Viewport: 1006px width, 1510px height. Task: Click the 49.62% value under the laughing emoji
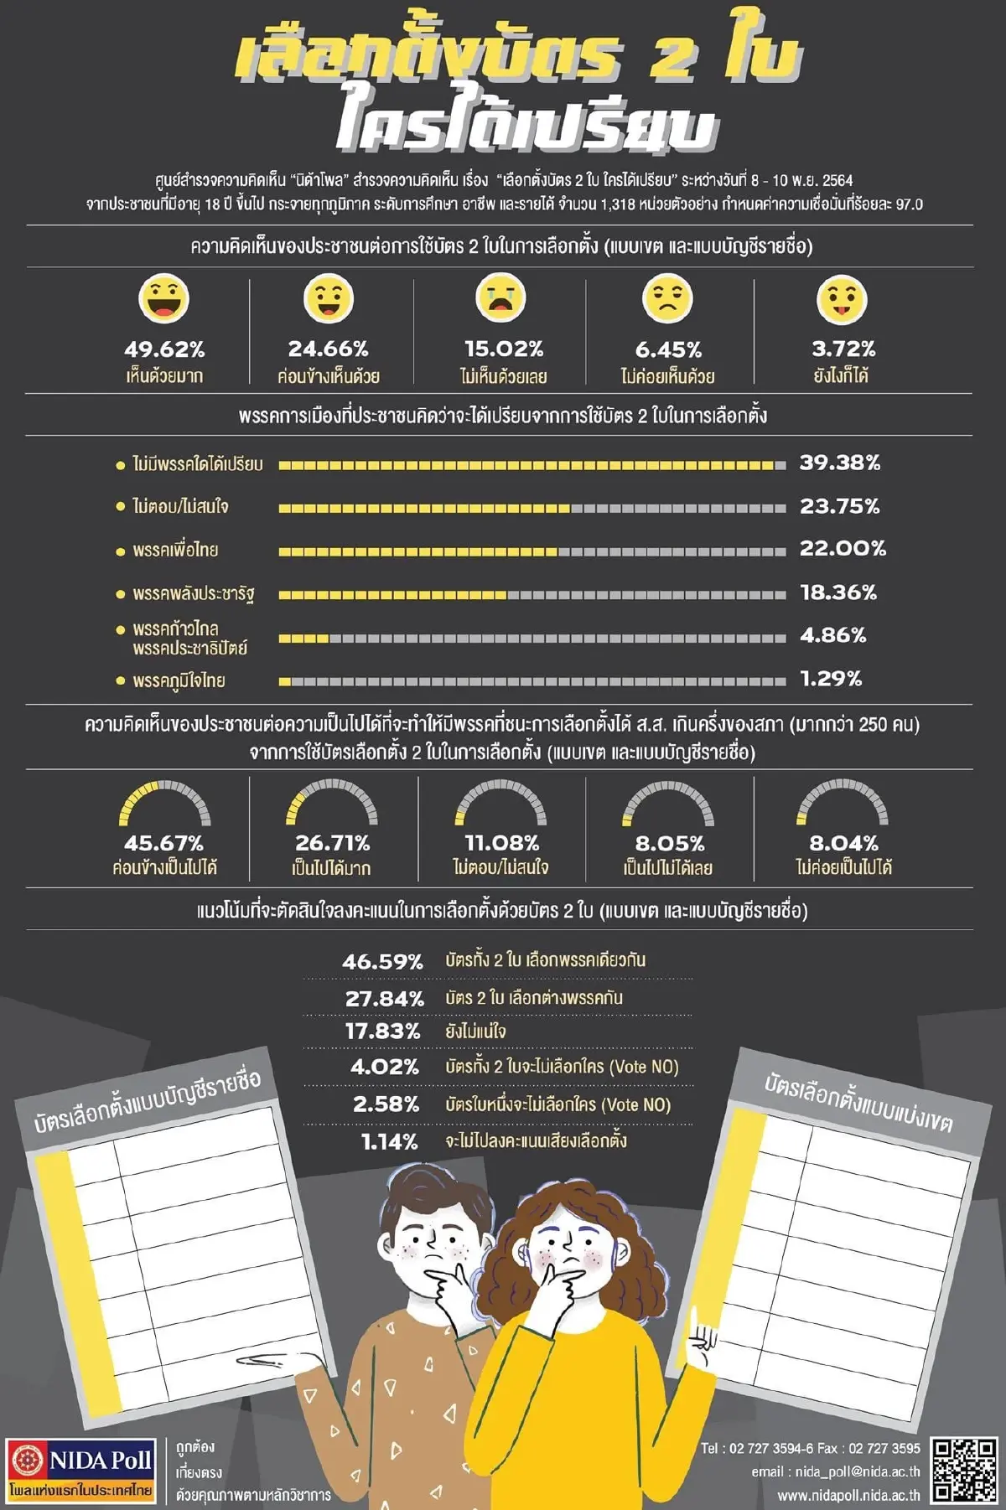[x=164, y=349]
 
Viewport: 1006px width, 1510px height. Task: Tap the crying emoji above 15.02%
[x=501, y=297]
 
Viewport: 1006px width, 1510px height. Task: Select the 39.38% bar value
[x=840, y=463]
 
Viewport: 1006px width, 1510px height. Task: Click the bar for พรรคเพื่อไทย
[x=532, y=551]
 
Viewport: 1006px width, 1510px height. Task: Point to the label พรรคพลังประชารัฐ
[x=193, y=593]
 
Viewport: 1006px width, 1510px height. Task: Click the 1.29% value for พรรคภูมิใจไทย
[x=831, y=679]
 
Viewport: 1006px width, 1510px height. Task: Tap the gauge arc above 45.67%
[x=164, y=799]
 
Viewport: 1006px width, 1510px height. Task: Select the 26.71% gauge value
[x=332, y=842]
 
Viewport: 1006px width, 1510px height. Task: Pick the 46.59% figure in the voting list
[x=382, y=961]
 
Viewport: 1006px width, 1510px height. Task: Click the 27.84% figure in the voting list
[x=384, y=998]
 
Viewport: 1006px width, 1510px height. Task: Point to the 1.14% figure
[x=389, y=1141]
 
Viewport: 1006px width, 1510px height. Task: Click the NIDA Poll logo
[x=81, y=1470]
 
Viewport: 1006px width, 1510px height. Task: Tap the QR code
[x=964, y=1470]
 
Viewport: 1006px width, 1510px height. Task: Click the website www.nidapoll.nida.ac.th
[x=848, y=1495]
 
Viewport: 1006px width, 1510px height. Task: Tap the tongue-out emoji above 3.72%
[x=842, y=299]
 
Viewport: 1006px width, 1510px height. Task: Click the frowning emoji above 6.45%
[x=667, y=297]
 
